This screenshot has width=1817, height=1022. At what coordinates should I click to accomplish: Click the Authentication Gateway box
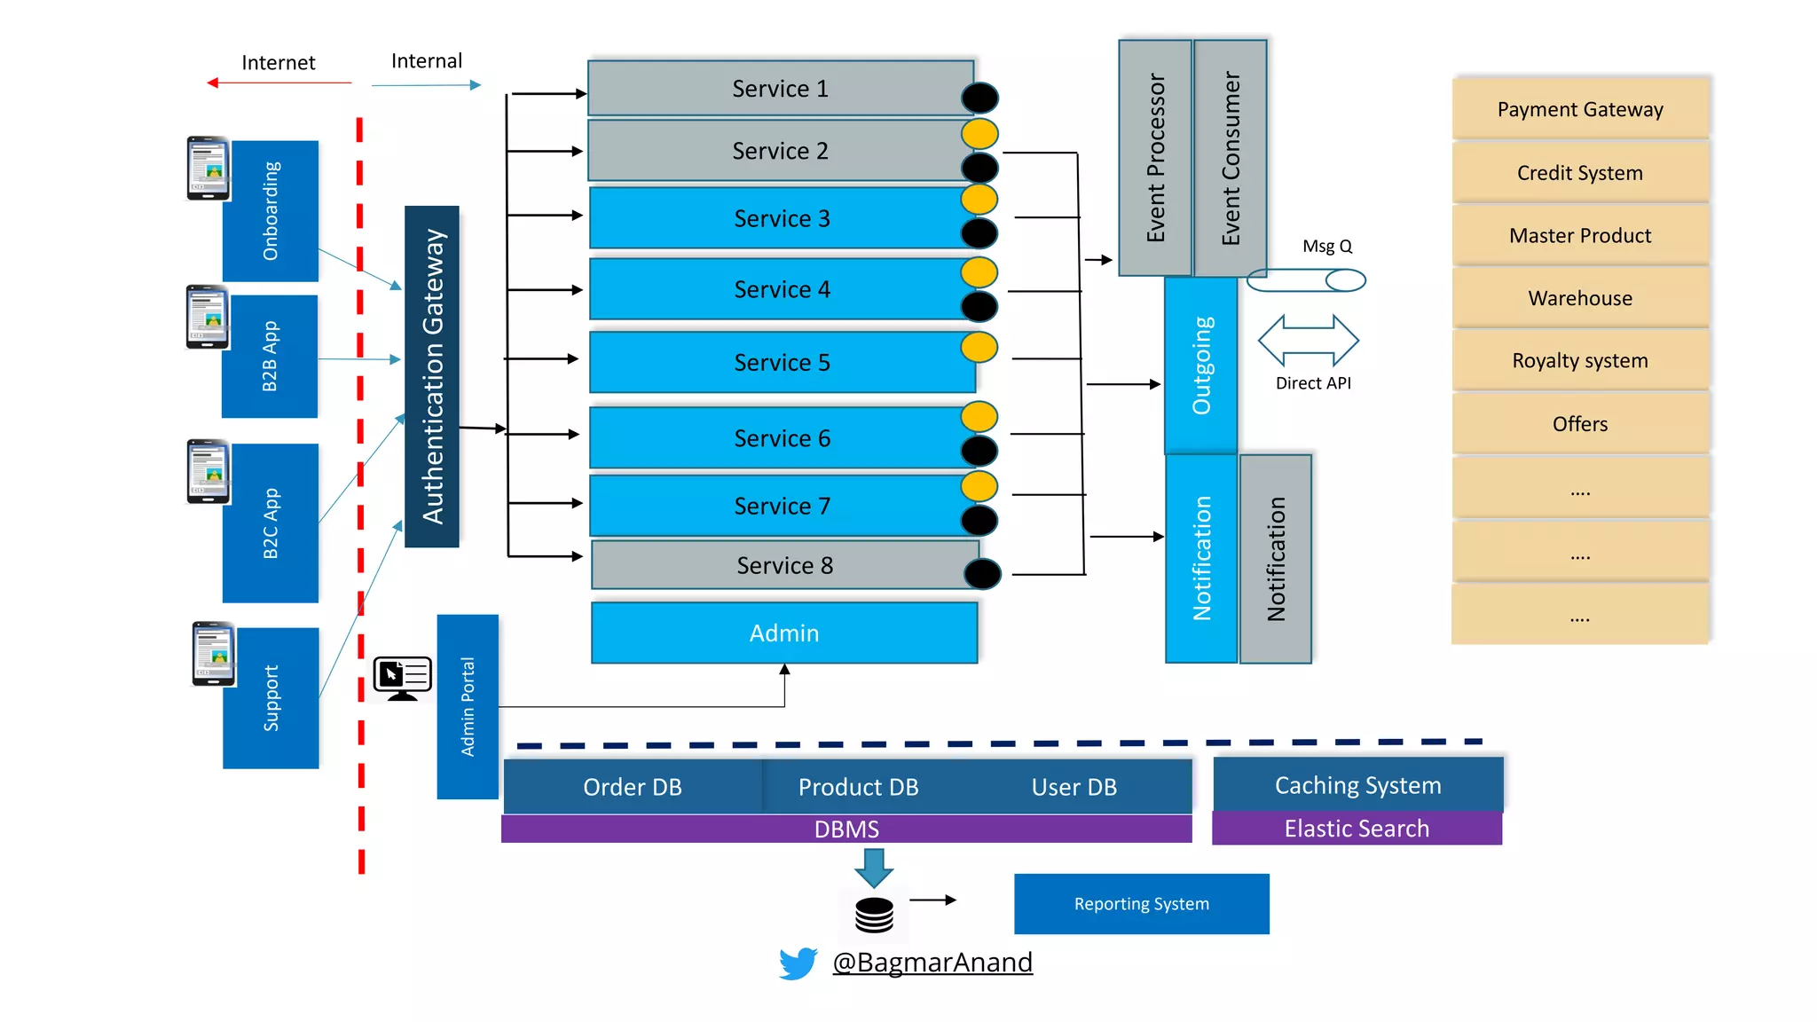[432, 376]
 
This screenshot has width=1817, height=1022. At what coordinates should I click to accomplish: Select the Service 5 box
[781, 363]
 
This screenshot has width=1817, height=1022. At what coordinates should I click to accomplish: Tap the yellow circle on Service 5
[979, 347]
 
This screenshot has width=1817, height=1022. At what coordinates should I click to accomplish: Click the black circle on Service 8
[982, 574]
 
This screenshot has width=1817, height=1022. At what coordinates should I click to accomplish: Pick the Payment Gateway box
[1579, 109]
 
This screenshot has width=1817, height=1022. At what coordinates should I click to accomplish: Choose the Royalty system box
[1579, 360]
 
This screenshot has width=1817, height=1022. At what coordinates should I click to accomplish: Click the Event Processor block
[1155, 158]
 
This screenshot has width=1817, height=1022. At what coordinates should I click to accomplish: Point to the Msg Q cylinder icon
[1306, 280]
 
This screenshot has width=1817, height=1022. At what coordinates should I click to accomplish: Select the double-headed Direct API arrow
[1308, 341]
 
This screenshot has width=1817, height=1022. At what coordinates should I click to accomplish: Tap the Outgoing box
[1201, 366]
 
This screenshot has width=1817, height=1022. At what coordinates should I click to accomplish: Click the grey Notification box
[1276, 559]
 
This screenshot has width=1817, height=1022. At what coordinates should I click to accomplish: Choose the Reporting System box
[1141, 904]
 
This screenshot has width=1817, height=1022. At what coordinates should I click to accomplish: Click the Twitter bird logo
[798, 963]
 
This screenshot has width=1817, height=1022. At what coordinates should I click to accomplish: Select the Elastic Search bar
[1357, 829]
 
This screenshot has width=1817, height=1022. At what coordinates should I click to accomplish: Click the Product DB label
[858, 787]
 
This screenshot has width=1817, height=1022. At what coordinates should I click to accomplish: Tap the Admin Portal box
[468, 707]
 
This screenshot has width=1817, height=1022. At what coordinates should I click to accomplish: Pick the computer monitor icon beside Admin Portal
[403, 678]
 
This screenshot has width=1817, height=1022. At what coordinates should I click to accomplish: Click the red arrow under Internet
[279, 83]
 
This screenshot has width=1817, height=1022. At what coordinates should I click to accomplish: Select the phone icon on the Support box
[214, 654]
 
